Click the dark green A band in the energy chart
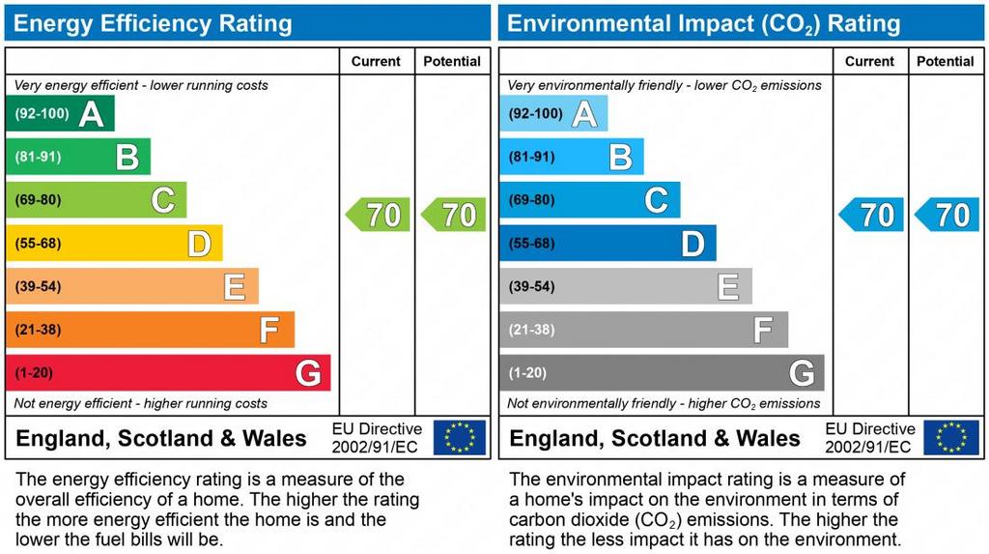click(60, 114)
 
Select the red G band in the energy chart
click(168, 373)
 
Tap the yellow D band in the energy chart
click(114, 244)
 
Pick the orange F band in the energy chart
click(150, 330)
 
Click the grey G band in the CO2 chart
click(662, 373)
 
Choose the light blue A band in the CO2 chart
click(553, 114)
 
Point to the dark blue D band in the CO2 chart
click(608, 244)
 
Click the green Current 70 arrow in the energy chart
click(379, 215)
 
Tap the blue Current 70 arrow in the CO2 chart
click(872, 215)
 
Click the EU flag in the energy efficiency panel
click(460, 437)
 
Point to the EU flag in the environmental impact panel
click(951, 437)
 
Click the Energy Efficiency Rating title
click(153, 23)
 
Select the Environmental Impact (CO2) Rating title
click(703, 23)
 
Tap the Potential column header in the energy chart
click(452, 61)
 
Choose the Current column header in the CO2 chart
click(869, 61)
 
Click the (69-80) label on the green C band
click(38, 200)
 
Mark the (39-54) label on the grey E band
click(531, 287)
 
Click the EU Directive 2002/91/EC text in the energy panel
click(377, 438)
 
